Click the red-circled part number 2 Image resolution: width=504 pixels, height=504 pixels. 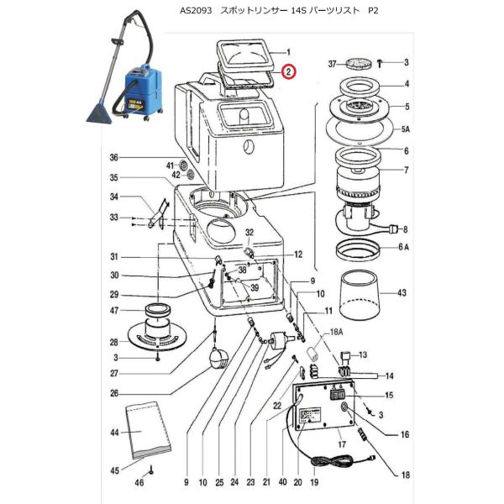(x=288, y=72)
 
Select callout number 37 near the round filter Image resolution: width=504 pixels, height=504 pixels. (x=333, y=63)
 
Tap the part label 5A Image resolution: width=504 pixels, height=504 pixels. (x=406, y=129)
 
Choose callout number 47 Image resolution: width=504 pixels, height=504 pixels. (x=115, y=310)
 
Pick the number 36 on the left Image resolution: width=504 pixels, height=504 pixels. (x=115, y=157)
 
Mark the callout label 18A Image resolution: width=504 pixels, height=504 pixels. (x=337, y=333)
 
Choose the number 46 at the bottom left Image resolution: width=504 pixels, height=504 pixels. (x=140, y=483)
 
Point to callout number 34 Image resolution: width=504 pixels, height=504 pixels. (x=115, y=197)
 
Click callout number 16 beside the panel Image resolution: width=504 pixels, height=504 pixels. (x=406, y=435)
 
